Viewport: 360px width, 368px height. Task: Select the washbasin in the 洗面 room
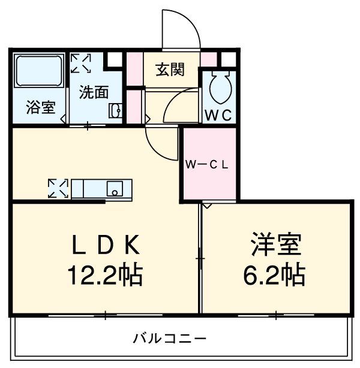click(115, 110)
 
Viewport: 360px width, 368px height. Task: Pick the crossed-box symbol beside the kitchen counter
click(59, 188)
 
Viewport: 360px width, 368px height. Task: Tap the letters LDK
click(105, 245)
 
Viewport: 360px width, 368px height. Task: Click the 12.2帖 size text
click(105, 275)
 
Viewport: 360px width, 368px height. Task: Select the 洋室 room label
click(277, 245)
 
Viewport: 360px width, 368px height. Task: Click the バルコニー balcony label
click(170, 339)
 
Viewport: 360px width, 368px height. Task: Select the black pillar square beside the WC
click(227, 60)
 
